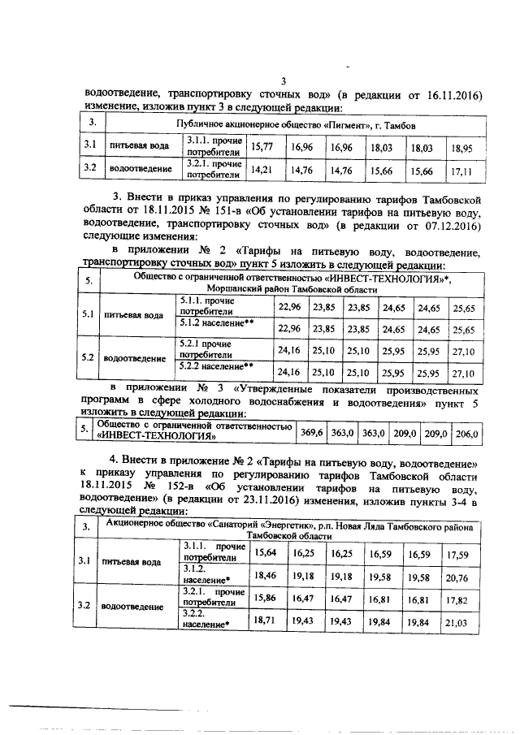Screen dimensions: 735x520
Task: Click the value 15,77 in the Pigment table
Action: [262, 147]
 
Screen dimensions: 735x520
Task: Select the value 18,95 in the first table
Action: [462, 148]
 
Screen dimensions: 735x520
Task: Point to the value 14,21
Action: [262, 170]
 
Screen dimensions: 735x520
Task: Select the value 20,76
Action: [462, 575]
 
